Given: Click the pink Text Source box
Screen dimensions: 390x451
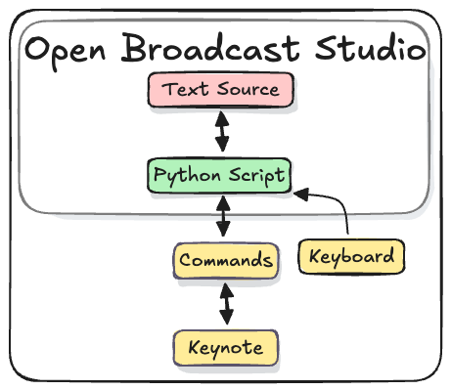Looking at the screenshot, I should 221,90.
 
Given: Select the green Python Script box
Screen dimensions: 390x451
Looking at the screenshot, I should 220,176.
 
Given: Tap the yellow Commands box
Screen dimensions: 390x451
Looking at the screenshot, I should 225,261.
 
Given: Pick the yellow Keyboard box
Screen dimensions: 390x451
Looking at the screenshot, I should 351,256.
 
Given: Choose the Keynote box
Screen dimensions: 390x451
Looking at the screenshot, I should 225,347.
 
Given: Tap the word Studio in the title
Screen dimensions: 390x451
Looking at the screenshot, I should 371,49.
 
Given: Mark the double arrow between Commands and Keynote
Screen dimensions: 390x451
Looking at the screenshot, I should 227,304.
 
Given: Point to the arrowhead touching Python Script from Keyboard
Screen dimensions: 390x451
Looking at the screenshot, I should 298,194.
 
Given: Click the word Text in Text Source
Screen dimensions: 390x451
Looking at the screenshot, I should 185,90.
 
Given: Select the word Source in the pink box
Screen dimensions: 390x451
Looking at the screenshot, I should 245,90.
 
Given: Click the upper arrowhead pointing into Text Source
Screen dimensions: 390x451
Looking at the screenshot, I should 222,116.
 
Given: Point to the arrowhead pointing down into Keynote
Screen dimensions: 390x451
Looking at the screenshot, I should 228,320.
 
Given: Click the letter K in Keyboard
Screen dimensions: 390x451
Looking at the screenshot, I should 315,256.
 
